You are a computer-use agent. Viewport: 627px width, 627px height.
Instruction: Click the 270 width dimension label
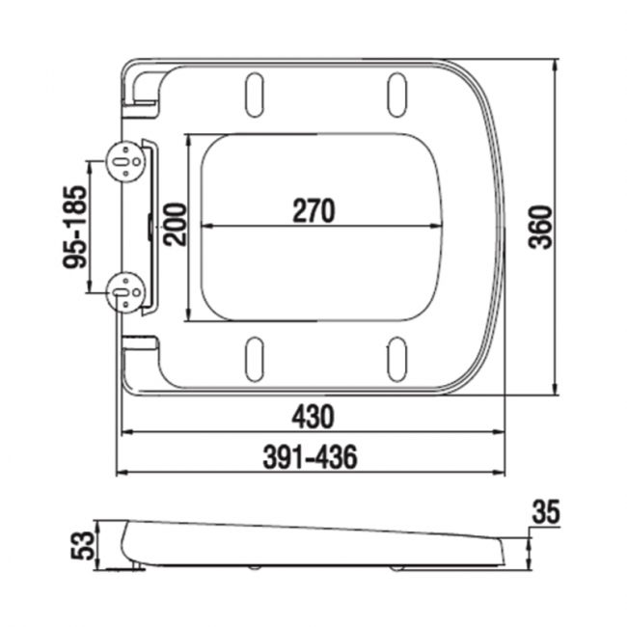pyautogui.click(x=313, y=210)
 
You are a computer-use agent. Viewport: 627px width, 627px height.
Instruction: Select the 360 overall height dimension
pyautogui.click(x=541, y=227)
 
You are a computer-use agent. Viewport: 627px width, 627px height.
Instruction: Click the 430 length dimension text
pyautogui.click(x=313, y=417)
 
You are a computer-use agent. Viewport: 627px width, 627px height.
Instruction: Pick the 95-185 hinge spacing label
pyautogui.click(x=73, y=226)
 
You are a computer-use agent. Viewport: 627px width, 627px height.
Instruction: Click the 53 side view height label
pyautogui.click(x=84, y=548)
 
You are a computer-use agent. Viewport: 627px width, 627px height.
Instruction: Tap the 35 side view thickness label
pyautogui.click(x=545, y=512)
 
